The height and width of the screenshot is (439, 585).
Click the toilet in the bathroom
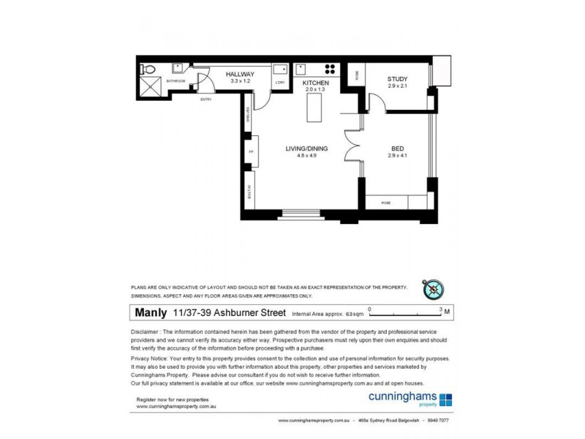pyautogui.click(x=148, y=70)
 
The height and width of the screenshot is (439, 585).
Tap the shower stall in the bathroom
pyautogui.click(x=150, y=87)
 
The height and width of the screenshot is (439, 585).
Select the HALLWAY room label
pyautogui.click(x=240, y=75)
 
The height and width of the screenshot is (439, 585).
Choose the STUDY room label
pyautogui.click(x=398, y=79)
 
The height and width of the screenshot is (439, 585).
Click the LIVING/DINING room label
pyautogui.click(x=306, y=149)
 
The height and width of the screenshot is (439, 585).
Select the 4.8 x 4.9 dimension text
pyautogui.click(x=306, y=156)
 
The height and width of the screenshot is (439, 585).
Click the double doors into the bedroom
pyautogui.click(x=352, y=145)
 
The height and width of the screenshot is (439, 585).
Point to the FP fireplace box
pyautogui.click(x=250, y=152)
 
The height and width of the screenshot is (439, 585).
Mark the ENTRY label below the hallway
pyautogui.click(x=205, y=100)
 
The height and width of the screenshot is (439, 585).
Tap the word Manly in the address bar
pyautogui.click(x=151, y=312)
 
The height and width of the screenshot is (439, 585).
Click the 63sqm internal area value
pyautogui.click(x=354, y=314)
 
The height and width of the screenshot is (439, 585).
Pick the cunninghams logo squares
pyautogui.click(x=445, y=399)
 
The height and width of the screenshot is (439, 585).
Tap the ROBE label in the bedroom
pyautogui.click(x=385, y=202)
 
